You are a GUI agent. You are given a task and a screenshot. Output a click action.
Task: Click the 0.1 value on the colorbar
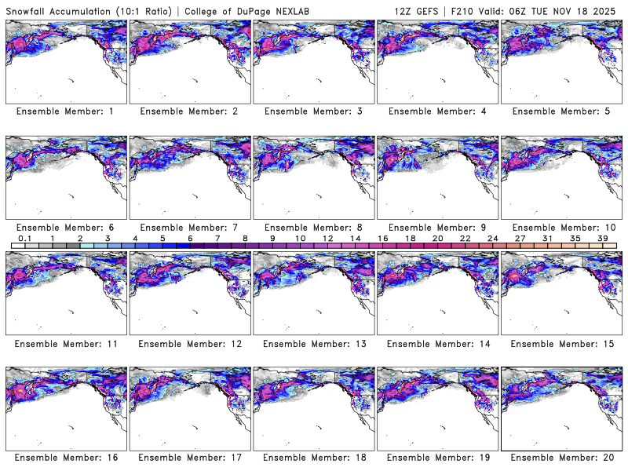[x=24, y=238]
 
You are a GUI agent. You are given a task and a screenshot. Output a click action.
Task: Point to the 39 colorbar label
[x=603, y=238]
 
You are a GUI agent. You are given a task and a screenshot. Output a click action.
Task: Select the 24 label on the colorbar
[x=492, y=238]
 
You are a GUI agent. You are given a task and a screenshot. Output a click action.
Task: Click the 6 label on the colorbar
[x=189, y=238]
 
